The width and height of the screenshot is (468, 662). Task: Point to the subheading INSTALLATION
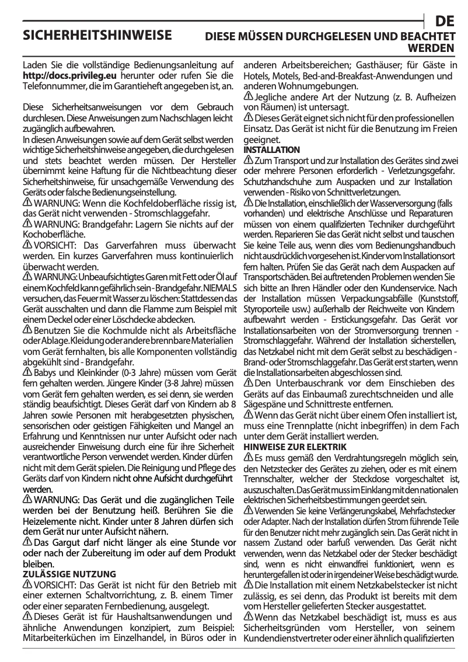pyautogui.click(x=271, y=150)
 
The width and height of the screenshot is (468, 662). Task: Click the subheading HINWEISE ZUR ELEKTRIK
pyautogui.click(x=290, y=447)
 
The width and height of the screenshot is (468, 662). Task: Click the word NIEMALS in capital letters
pyautogui.click(x=221, y=288)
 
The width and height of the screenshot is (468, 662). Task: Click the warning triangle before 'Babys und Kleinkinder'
pyautogui.click(x=27, y=371)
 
